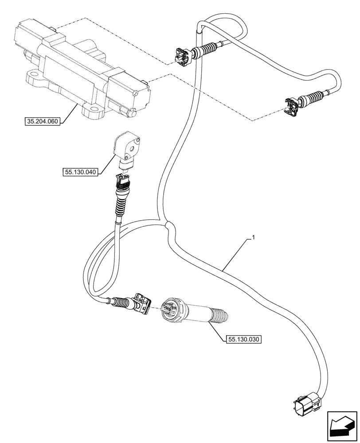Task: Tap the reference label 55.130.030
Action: pyautogui.click(x=244, y=340)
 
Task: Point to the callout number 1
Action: pyautogui.click(x=253, y=238)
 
